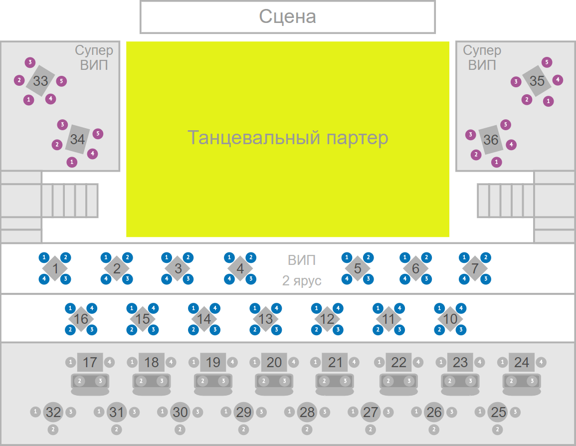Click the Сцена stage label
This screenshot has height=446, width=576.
pyautogui.click(x=287, y=16)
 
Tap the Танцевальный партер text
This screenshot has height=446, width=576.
pyautogui.click(x=287, y=137)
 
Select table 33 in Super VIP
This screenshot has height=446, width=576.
pyautogui.click(x=40, y=81)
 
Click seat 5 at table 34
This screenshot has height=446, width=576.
pyautogui.click(x=98, y=133)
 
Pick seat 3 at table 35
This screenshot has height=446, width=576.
pyautogui.click(x=516, y=81)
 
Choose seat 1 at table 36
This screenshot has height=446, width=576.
pyautogui.click(x=497, y=162)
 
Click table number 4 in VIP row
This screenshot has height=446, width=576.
pyautogui.click(x=240, y=268)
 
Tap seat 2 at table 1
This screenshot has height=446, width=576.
pyautogui.click(x=65, y=257)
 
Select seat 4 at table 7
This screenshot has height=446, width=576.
pyautogui.click(x=464, y=279)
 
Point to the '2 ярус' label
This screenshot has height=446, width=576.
pyautogui.click(x=302, y=281)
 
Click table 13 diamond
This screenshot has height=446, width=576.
pyautogui.click(x=266, y=319)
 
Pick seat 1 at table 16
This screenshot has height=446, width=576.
pyautogui.click(x=70, y=308)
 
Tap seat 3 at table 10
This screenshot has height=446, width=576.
pyautogui.click(x=461, y=330)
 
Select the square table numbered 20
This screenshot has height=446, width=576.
pyautogui.click(x=274, y=362)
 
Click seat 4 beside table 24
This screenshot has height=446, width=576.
pyautogui.click(x=541, y=362)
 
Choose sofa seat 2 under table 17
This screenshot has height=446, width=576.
pyautogui.click(x=79, y=381)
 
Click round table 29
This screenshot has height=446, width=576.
pyautogui.click(x=244, y=412)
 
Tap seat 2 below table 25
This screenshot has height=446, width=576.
pyautogui.click(x=498, y=429)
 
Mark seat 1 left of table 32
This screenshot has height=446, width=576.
pyautogui.click(x=35, y=412)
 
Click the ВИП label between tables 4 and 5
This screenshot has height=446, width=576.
pyautogui.click(x=302, y=260)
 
